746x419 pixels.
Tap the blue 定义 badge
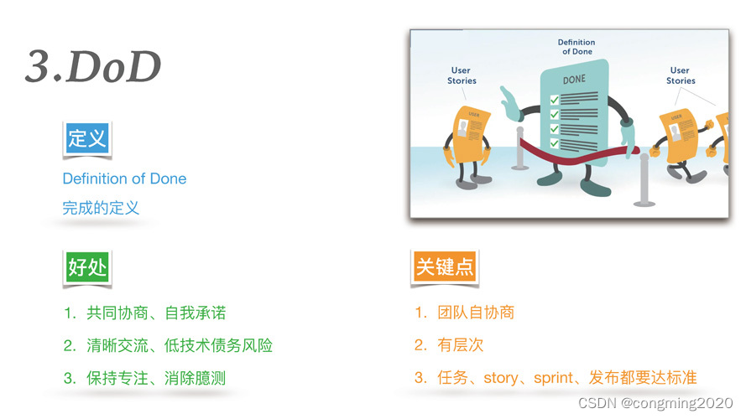click(x=87, y=138)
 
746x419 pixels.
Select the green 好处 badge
click(x=87, y=267)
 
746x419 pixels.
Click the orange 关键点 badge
click(x=445, y=267)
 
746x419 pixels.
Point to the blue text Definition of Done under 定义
click(x=124, y=178)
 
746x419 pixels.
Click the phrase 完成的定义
click(x=101, y=208)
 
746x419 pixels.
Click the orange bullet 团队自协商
click(x=475, y=313)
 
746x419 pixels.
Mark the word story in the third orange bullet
click(x=500, y=378)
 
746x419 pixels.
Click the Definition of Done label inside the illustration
click(x=576, y=47)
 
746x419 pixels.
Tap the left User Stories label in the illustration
click(x=462, y=75)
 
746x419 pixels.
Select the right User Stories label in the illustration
click(x=681, y=75)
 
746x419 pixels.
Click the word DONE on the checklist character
click(x=574, y=80)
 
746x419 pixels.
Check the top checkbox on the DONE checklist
click(x=554, y=100)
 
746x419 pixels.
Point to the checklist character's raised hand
click(x=510, y=102)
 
